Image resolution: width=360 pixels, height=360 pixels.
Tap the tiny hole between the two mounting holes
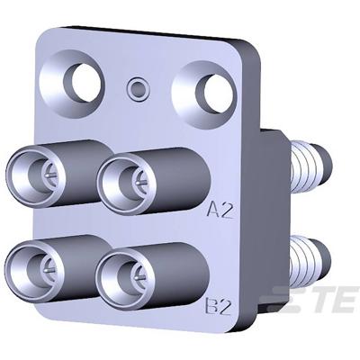pos(138,88)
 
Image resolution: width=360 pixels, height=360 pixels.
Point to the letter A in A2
pos(214,211)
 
